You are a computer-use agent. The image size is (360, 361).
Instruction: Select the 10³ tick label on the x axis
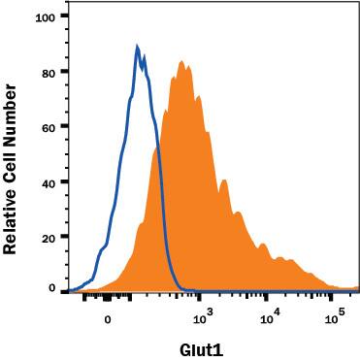pyautogui.click(x=203, y=316)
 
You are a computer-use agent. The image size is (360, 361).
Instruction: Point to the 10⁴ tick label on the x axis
pyautogui.click(x=269, y=316)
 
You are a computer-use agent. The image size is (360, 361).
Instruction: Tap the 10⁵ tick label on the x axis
pyautogui.click(x=335, y=316)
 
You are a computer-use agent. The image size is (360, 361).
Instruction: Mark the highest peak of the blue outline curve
pyautogui.click(x=138, y=46)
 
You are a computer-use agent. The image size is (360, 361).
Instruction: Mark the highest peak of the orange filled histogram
pyautogui.click(x=181, y=61)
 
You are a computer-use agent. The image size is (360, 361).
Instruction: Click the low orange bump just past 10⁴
pyautogui.click(x=280, y=258)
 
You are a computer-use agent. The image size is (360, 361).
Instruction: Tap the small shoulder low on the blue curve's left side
pyautogui.click(x=98, y=253)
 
